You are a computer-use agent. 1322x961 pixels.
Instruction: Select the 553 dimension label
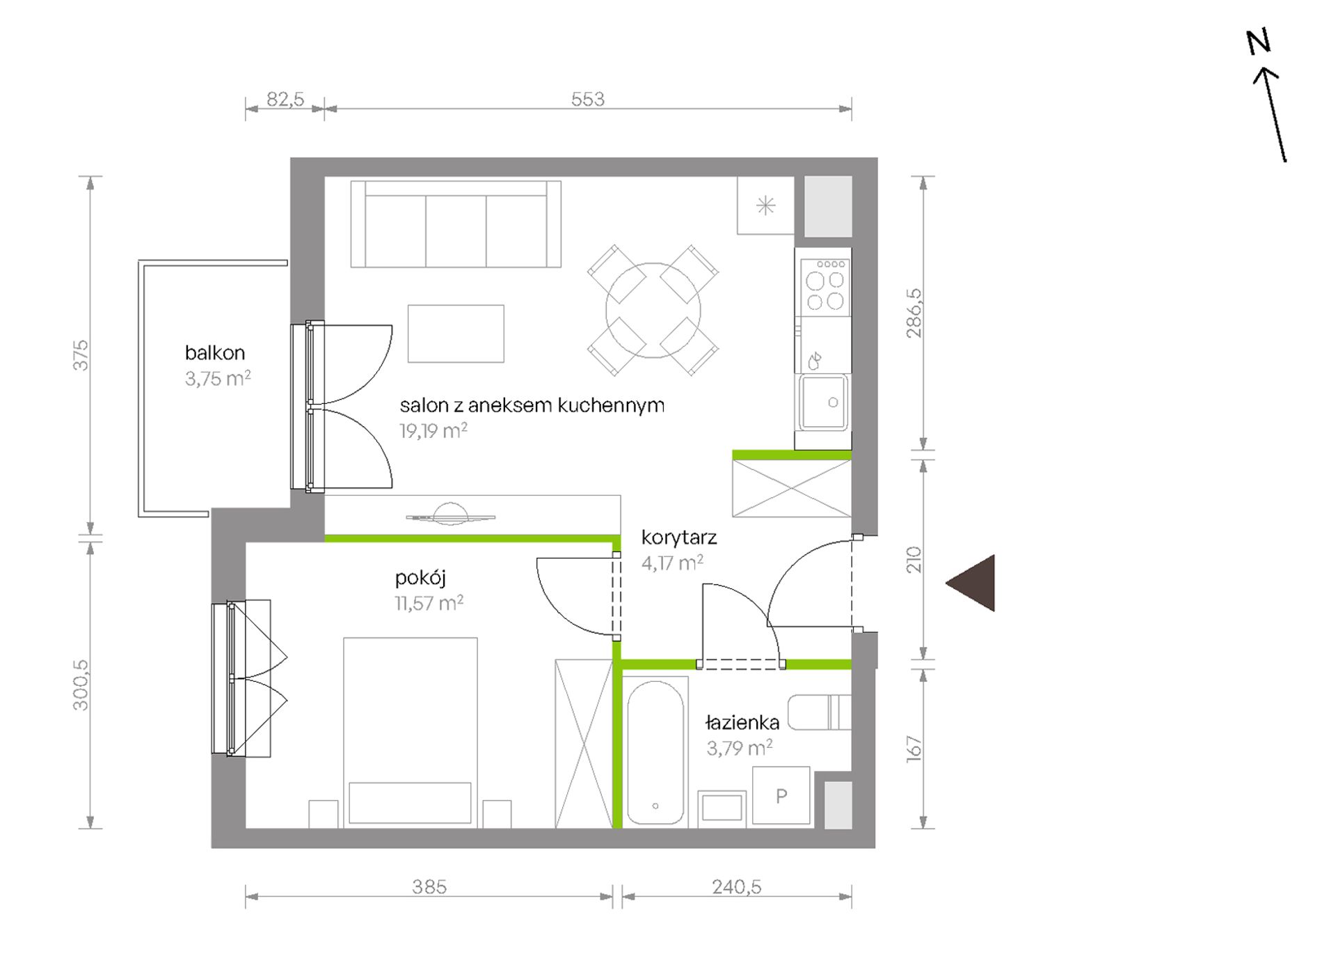point(588,99)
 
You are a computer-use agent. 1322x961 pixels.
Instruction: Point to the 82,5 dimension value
point(285,99)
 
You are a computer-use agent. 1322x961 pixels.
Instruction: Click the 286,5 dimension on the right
point(914,313)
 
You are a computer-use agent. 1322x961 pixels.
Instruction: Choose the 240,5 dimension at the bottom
point(737,886)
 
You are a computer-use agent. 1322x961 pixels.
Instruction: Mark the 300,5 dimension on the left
point(81,685)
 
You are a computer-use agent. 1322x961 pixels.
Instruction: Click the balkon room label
point(215,352)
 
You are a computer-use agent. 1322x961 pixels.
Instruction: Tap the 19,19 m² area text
point(433,431)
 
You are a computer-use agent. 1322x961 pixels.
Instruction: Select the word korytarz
point(679,538)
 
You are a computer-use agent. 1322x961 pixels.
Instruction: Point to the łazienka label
point(742,722)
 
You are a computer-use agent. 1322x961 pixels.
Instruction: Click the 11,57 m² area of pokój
point(429,603)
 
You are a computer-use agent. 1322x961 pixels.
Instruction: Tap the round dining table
point(653,310)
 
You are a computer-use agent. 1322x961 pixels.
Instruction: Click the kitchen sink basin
point(823,403)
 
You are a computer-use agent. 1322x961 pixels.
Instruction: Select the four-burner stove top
point(825,288)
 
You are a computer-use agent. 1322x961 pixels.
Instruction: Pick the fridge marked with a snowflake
point(766,205)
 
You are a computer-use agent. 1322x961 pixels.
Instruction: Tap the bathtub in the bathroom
point(655,752)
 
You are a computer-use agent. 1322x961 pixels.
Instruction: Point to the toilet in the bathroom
point(820,712)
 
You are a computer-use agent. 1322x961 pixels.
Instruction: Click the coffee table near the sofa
point(456,334)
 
